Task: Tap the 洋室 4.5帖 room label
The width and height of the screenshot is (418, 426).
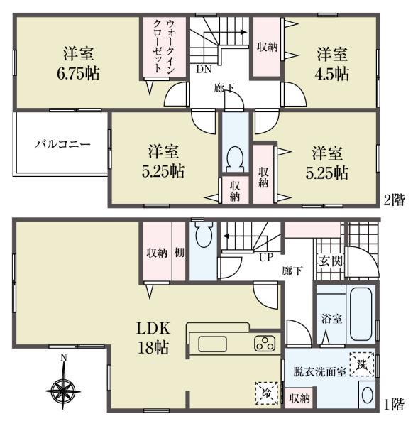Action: pos(332,63)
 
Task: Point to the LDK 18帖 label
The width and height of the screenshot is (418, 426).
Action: pos(153,338)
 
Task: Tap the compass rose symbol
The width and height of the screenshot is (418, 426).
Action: pos(63,388)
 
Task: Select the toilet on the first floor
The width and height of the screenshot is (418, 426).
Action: pos(202,235)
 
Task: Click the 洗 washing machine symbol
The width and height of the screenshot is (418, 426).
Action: pos(363,364)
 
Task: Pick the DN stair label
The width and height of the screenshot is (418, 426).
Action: pos(204,69)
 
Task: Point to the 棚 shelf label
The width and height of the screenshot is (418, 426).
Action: pos(180,252)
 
